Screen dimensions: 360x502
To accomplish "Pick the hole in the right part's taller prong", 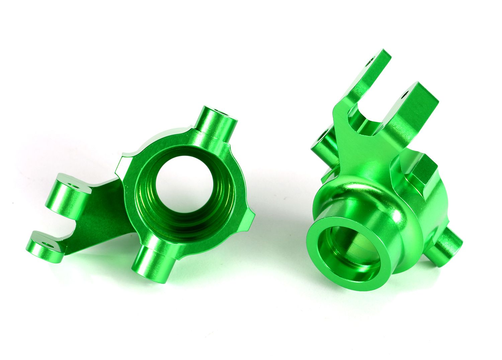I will point(370,62).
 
